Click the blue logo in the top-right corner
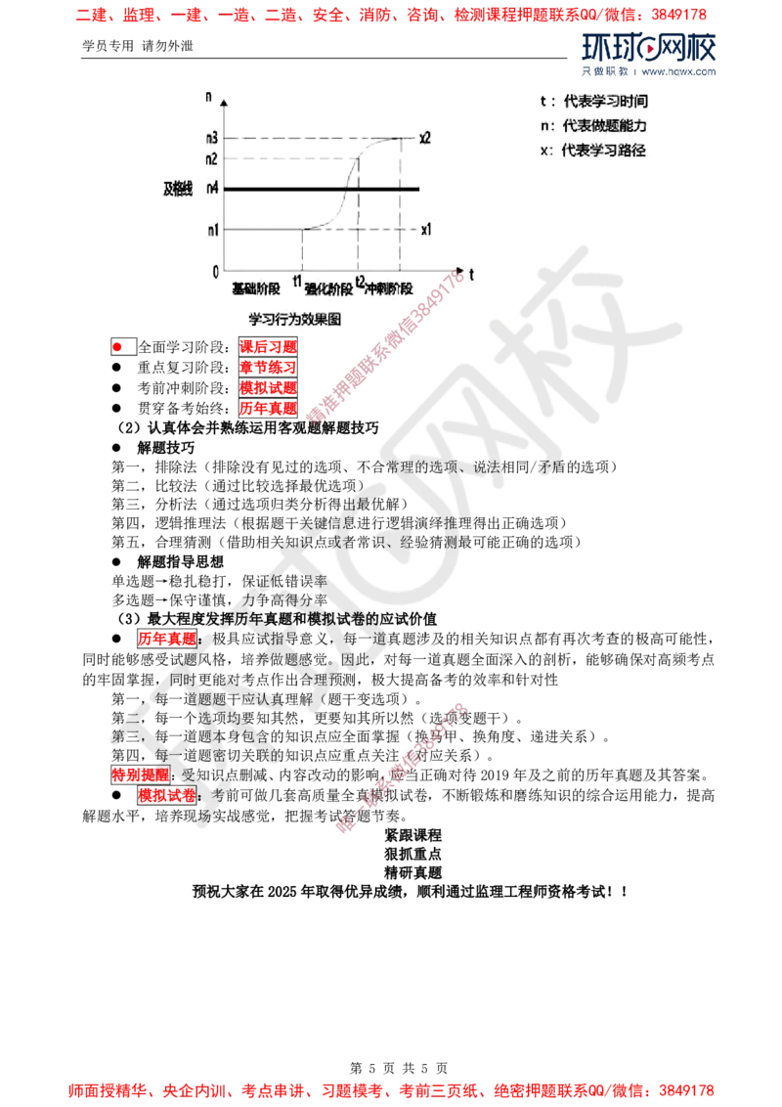[649, 54]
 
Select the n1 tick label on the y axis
[211, 230]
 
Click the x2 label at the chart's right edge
[425, 137]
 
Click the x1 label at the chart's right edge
[425, 229]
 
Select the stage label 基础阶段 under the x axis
[256, 289]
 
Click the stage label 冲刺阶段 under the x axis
[388, 289]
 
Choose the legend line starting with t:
[594, 102]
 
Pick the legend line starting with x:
[594, 152]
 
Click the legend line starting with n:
[594, 126]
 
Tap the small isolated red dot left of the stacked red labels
[117, 346]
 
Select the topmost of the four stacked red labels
[268, 345]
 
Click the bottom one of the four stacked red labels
[268, 408]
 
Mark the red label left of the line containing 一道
[165, 639]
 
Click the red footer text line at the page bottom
[391, 1087]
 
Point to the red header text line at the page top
[391, 15]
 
